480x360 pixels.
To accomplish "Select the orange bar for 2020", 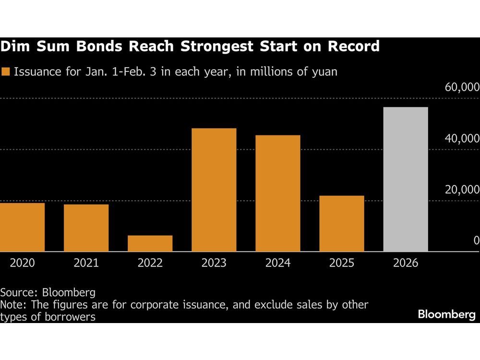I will click(x=22, y=227).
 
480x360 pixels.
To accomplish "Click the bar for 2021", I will click(x=86, y=228).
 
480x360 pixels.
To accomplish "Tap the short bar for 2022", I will click(x=150, y=243).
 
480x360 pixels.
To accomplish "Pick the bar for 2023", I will click(x=214, y=190).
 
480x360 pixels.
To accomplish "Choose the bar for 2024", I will click(x=278, y=193).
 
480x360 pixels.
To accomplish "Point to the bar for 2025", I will click(x=342, y=223).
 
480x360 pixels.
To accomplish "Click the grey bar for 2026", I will click(x=406, y=179).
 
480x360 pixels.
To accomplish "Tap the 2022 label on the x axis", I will click(x=150, y=263).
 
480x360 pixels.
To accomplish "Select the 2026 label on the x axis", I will click(x=406, y=263).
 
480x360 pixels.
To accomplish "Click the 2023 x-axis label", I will click(x=214, y=263).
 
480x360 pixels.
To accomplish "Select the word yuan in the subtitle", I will click(x=323, y=72).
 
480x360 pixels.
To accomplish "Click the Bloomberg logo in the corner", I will click(x=446, y=315).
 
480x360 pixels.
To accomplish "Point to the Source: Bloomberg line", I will click(x=48, y=292).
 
